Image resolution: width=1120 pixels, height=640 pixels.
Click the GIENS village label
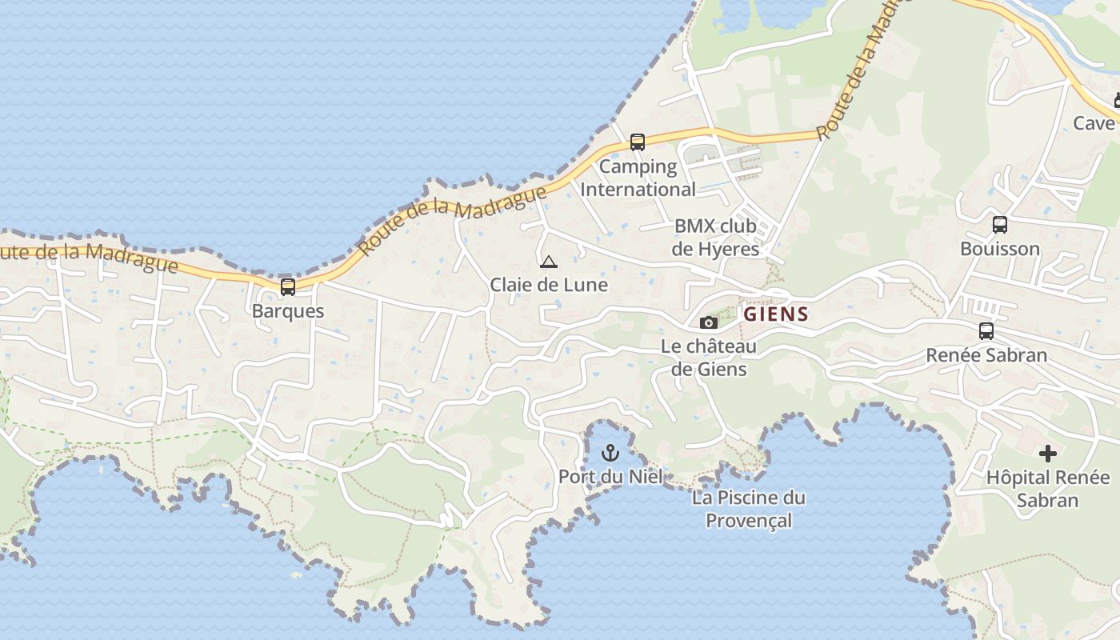(776, 314)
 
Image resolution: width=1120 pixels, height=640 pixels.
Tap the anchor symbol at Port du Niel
(610, 453)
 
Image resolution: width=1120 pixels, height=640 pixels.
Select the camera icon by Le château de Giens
(708, 322)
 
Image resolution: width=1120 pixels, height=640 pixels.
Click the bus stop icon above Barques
(288, 286)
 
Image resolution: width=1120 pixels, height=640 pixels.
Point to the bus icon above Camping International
(638, 142)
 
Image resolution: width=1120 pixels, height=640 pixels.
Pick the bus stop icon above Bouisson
(1000, 225)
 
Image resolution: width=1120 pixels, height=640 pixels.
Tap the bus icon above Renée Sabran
(986, 330)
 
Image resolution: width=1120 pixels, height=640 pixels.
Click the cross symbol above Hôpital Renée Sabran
(1047, 454)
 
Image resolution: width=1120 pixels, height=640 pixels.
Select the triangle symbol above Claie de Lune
(548, 262)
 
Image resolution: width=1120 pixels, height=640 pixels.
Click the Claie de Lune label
(549, 285)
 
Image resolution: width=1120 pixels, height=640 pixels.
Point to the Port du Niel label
(610, 477)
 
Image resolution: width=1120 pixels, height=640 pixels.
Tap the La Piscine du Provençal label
(749, 509)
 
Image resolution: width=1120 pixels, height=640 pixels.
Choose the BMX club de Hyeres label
(715, 237)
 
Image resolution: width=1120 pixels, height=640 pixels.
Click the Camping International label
(638, 178)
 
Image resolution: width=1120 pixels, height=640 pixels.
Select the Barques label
(288, 311)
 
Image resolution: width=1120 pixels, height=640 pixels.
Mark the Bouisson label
(1000, 249)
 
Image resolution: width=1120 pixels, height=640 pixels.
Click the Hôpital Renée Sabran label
(1048, 489)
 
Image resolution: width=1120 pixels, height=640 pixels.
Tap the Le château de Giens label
(709, 358)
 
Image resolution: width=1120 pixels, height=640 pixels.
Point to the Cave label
(1094, 123)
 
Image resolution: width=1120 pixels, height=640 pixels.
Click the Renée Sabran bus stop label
(986, 355)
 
